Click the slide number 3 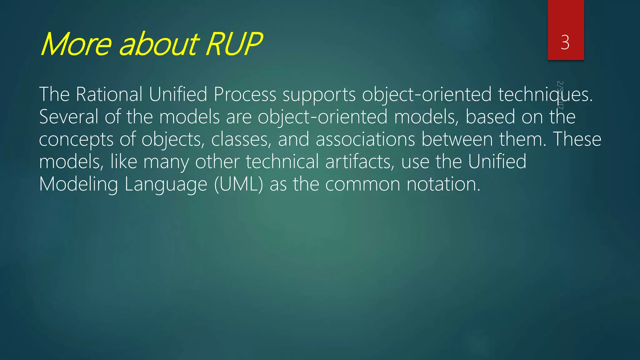565,42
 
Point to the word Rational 109,94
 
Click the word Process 245,94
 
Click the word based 490,117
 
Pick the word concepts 76,140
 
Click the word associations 365,140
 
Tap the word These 577,140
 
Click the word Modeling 78,184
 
